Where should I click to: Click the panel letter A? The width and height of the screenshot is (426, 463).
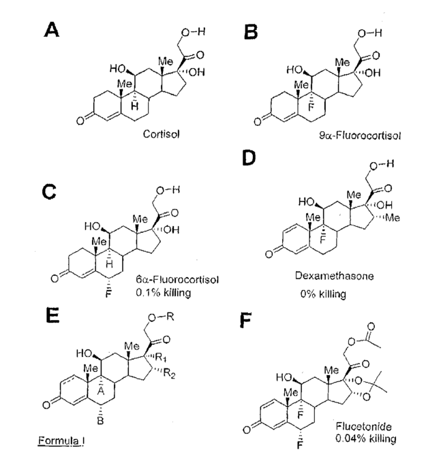coord(54,30)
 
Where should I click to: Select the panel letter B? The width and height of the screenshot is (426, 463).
coord(252,31)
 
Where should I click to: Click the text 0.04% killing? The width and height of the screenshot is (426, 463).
coord(364,438)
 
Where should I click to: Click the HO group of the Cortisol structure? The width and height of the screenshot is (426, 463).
coord(117,69)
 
